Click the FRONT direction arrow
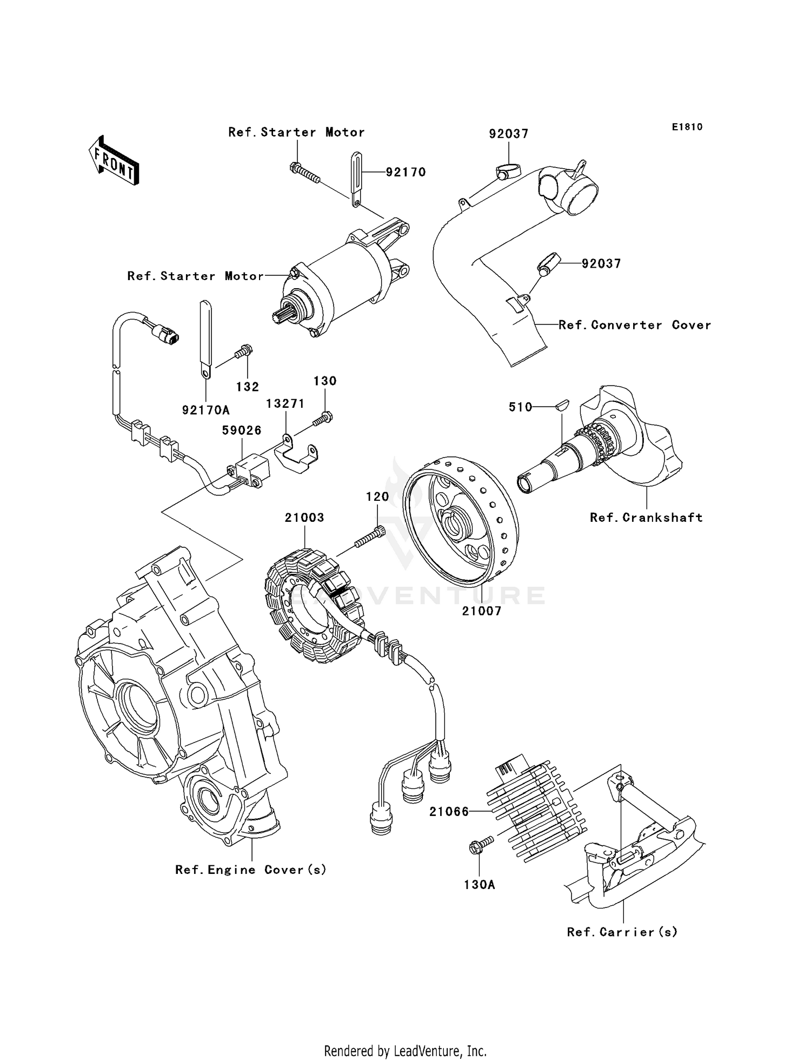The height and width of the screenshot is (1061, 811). click(x=114, y=162)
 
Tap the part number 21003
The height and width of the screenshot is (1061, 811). click(x=304, y=518)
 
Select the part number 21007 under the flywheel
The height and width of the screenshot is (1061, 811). click(x=481, y=611)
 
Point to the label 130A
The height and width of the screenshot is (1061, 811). click(x=479, y=885)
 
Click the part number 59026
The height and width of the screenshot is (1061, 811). click(x=242, y=430)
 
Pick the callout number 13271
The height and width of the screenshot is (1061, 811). click(x=285, y=403)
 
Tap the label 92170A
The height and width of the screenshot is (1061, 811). click(x=205, y=410)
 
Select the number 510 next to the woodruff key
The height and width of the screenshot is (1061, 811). click(x=521, y=407)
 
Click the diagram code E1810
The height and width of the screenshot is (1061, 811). click(x=687, y=127)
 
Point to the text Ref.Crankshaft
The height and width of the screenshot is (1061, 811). click(x=646, y=518)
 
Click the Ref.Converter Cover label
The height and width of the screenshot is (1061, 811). click(x=635, y=325)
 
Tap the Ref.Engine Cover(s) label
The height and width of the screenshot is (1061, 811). click(x=251, y=870)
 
